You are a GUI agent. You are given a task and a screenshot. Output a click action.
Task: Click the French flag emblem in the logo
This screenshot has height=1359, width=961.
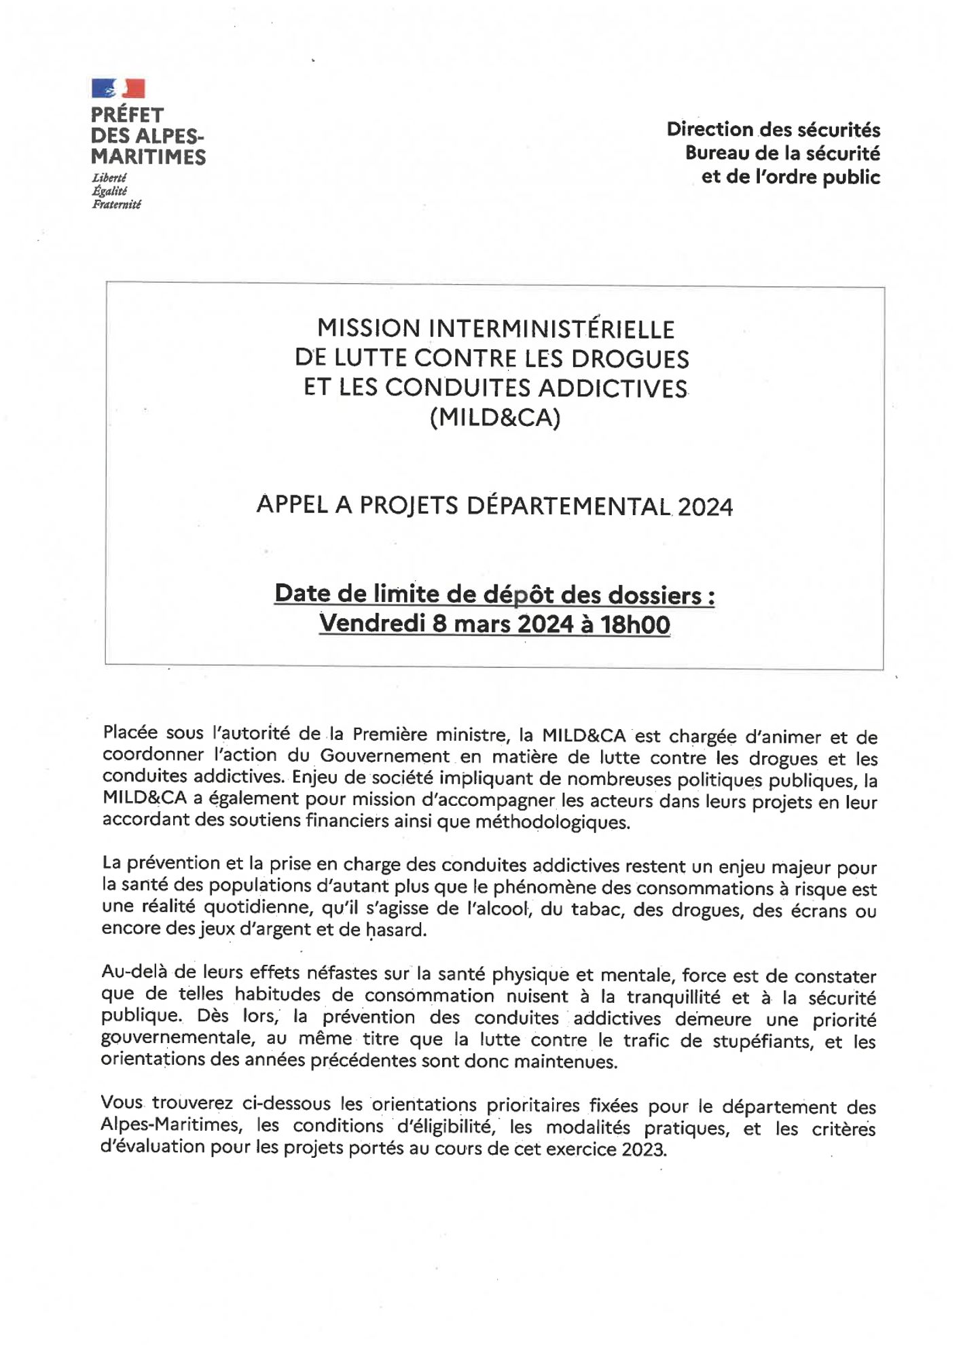point(118,88)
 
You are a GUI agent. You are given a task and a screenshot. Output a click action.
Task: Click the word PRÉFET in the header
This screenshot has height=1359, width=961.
point(128,115)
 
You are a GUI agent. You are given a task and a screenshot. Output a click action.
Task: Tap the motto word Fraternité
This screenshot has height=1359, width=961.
point(116,204)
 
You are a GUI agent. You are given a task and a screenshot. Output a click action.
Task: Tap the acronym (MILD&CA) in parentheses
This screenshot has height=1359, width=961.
point(495,417)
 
